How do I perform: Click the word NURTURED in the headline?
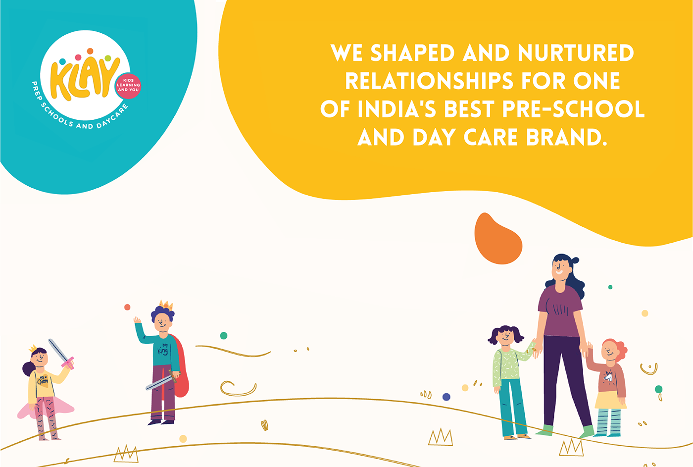coord(576,52)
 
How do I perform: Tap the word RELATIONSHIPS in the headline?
coord(430,81)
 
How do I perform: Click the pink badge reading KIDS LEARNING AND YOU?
coord(128,86)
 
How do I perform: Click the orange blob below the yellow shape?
coord(497,239)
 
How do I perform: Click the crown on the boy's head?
coord(165,305)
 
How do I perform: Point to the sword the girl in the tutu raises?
coord(61,355)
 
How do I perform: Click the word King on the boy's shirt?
coord(163,350)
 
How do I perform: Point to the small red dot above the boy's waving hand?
coord(127,307)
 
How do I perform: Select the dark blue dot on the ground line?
coord(446,397)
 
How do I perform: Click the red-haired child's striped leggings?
coord(608,421)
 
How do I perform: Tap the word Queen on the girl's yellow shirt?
coord(43,381)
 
